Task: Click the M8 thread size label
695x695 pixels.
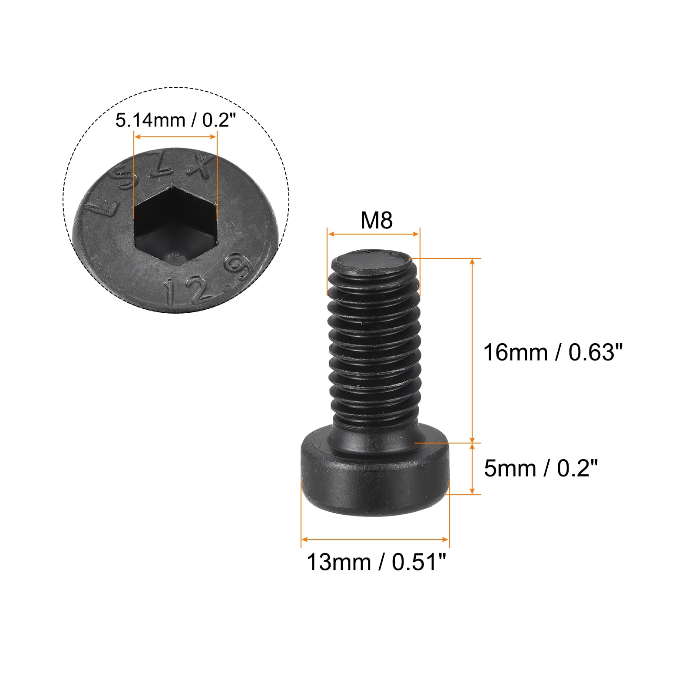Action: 376,220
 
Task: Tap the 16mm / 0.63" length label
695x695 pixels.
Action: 553,352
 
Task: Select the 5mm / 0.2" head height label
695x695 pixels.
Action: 541,469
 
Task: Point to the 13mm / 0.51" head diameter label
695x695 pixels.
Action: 376,563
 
